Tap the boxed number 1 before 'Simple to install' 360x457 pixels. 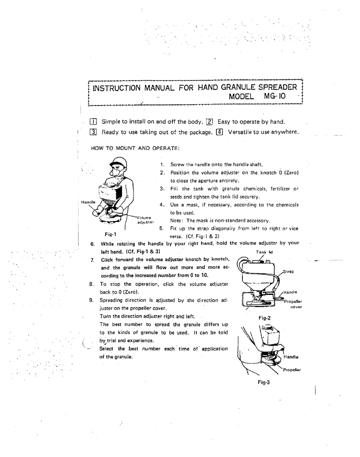[x=94, y=121]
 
